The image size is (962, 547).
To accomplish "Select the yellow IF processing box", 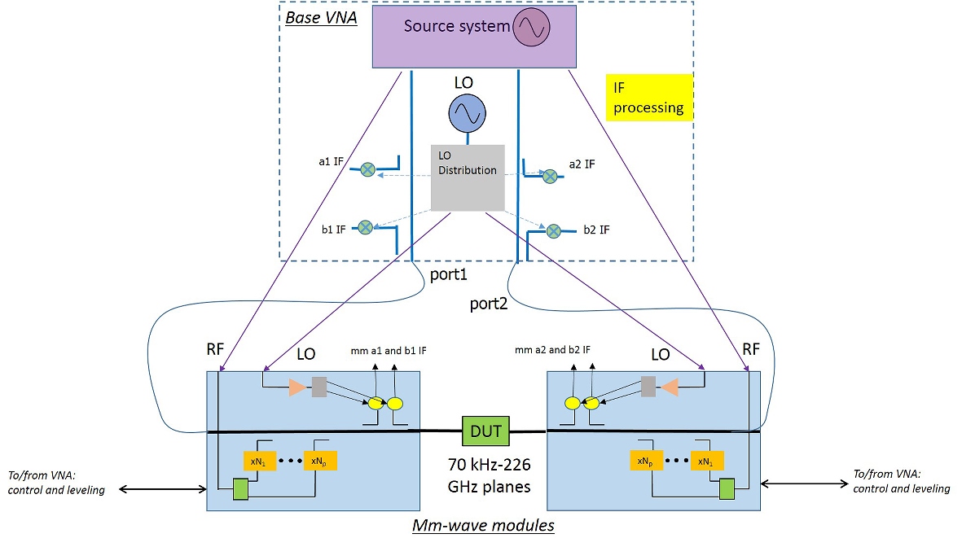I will coord(648,97).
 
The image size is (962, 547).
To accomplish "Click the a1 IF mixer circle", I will coord(368,169).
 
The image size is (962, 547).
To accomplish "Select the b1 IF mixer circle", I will coord(366,228).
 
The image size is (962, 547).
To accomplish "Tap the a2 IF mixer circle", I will coord(551,175).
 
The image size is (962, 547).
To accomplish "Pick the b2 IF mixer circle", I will coord(555,231).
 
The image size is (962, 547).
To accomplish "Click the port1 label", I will coord(449,275).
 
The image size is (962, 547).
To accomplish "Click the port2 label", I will coord(489,304).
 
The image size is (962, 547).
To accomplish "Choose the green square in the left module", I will coord(240,489).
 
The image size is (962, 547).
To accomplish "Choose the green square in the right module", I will coord(727,488).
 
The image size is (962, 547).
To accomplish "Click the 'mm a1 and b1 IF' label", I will coord(388,351).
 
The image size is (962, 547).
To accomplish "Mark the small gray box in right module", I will coord(648,387).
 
